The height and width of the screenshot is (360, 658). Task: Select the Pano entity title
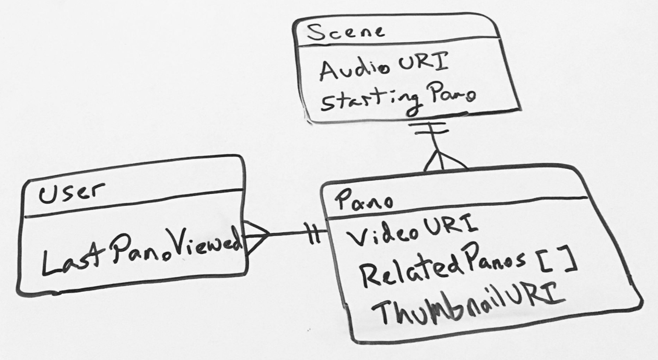pyautogui.click(x=363, y=200)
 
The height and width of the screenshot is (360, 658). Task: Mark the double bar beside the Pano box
pyautogui.click(x=314, y=234)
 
